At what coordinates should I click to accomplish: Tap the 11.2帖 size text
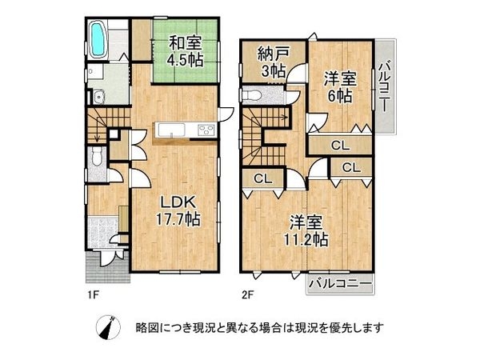coord(308,238)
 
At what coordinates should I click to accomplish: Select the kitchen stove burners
coord(202,130)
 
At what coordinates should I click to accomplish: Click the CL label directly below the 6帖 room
coord(339,146)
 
